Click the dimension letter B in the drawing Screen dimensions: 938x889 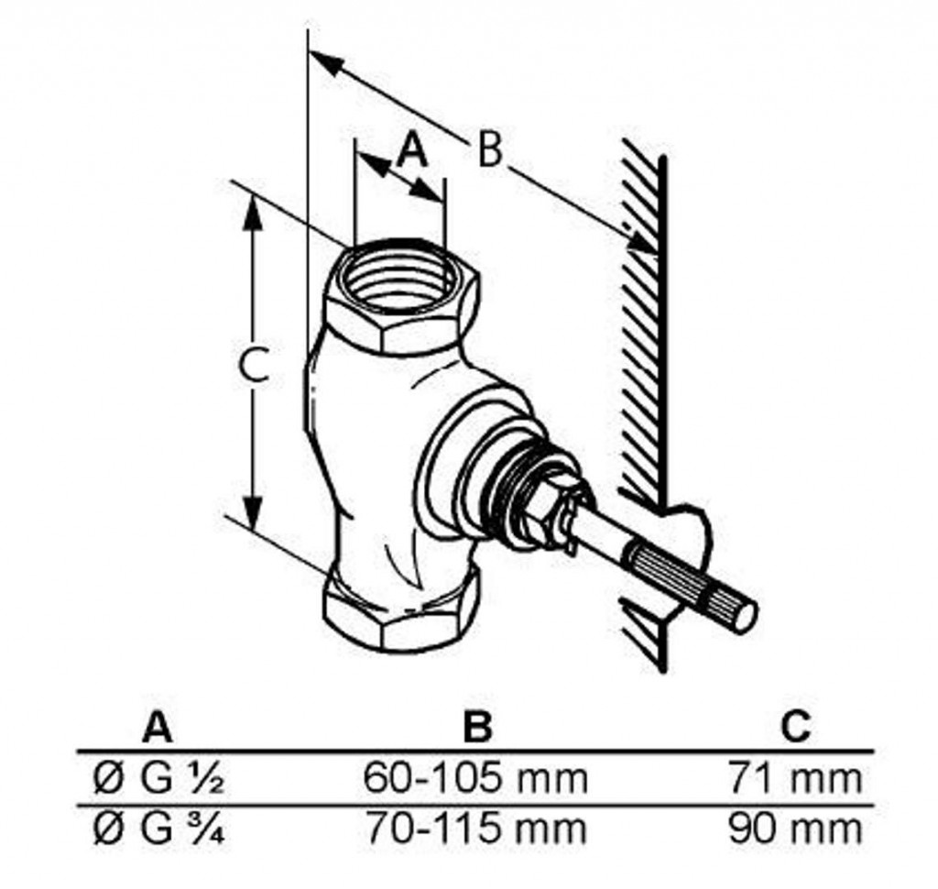click(490, 149)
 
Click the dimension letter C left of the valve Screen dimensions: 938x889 click(253, 365)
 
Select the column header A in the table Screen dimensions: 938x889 click(158, 727)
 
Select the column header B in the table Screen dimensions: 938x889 click(477, 727)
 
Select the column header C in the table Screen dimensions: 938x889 click(796, 727)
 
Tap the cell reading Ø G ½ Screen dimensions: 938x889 click(159, 779)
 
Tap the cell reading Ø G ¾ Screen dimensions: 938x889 click(159, 829)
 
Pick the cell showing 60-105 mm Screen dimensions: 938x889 click(476, 778)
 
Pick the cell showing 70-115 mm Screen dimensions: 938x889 click(476, 829)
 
